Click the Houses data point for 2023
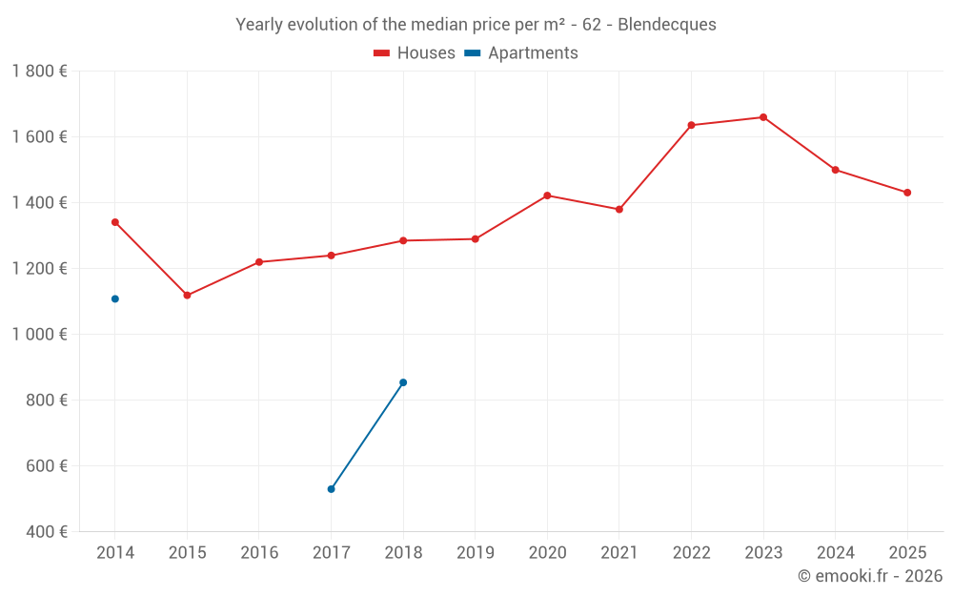[x=762, y=117]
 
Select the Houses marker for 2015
[x=187, y=296]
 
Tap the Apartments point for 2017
[x=331, y=489]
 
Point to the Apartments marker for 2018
[x=403, y=382]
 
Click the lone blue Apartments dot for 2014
[x=115, y=298]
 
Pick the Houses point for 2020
[x=547, y=195]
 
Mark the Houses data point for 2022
[x=691, y=125]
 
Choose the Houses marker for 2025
[x=907, y=193]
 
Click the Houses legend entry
[x=415, y=53]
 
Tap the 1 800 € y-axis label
[x=39, y=71]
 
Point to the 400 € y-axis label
[x=46, y=532]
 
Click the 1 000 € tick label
[x=39, y=335]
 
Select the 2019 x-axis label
[x=475, y=553]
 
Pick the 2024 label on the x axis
[x=835, y=553]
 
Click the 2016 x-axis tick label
[x=259, y=553]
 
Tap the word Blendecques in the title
[x=667, y=25]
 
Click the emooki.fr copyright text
[x=870, y=576]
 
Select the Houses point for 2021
[x=618, y=209]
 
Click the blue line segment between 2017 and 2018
[x=367, y=436]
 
